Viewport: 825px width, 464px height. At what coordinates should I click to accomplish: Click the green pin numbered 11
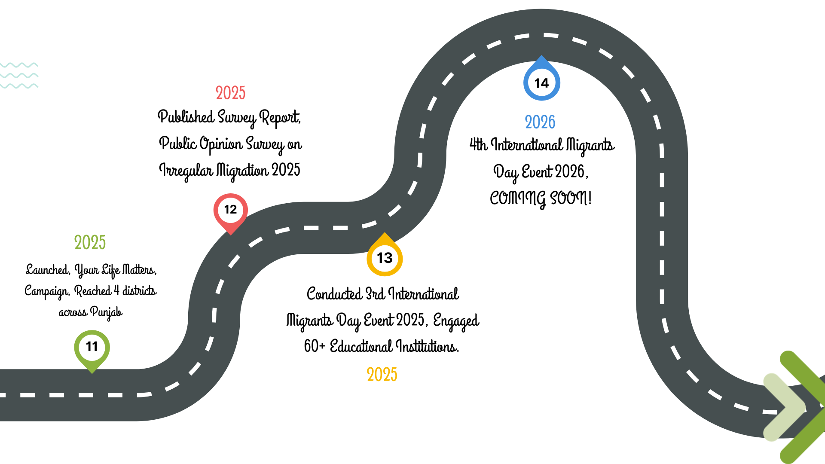click(x=92, y=348)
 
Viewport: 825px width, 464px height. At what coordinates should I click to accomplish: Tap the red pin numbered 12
click(x=230, y=211)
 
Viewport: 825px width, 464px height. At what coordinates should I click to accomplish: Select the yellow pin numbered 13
click(x=385, y=258)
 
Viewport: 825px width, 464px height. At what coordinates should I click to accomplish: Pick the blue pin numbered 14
click(x=541, y=82)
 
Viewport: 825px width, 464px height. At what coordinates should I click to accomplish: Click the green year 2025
click(x=90, y=243)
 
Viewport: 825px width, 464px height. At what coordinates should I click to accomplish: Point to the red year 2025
click(x=230, y=93)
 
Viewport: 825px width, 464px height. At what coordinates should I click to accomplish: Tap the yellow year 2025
click(x=382, y=375)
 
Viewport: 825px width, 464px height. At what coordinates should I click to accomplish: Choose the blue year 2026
click(x=540, y=122)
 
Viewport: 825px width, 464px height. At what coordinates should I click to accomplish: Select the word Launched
click(x=48, y=270)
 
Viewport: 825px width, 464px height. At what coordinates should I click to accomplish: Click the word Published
click(x=186, y=117)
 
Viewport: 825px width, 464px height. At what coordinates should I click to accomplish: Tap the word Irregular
click(x=186, y=171)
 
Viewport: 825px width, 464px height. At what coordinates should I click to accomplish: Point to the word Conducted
click(x=334, y=294)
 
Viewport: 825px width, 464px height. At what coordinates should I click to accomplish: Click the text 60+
click(x=315, y=346)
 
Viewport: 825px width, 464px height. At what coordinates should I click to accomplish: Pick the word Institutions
click(x=427, y=346)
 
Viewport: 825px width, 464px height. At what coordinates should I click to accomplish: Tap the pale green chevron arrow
click(x=784, y=407)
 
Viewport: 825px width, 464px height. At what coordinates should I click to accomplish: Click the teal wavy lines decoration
click(x=19, y=76)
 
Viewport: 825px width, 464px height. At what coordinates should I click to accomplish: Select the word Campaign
click(x=46, y=291)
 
